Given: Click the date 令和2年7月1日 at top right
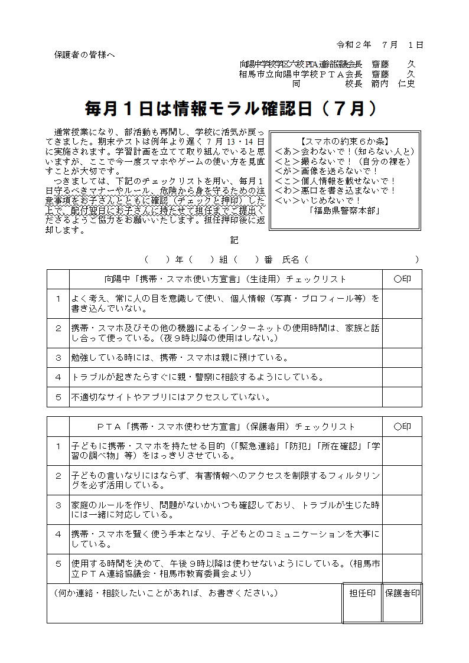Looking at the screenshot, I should [x=379, y=45].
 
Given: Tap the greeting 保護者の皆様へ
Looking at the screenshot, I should [x=84, y=55].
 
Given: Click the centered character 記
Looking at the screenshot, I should [x=234, y=240].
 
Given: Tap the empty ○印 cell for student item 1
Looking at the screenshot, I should [x=402, y=303].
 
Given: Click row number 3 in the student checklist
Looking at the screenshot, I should [x=58, y=357].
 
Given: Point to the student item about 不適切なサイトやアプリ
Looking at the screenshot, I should [x=171, y=397].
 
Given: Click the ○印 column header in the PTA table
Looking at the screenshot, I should [x=402, y=426].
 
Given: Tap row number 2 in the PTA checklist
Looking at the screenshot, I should [x=58, y=475].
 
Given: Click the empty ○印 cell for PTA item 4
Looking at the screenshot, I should [x=402, y=539].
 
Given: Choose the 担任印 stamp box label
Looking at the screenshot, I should [x=362, y=593].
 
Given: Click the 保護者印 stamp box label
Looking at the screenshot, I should [x=402, y=593].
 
